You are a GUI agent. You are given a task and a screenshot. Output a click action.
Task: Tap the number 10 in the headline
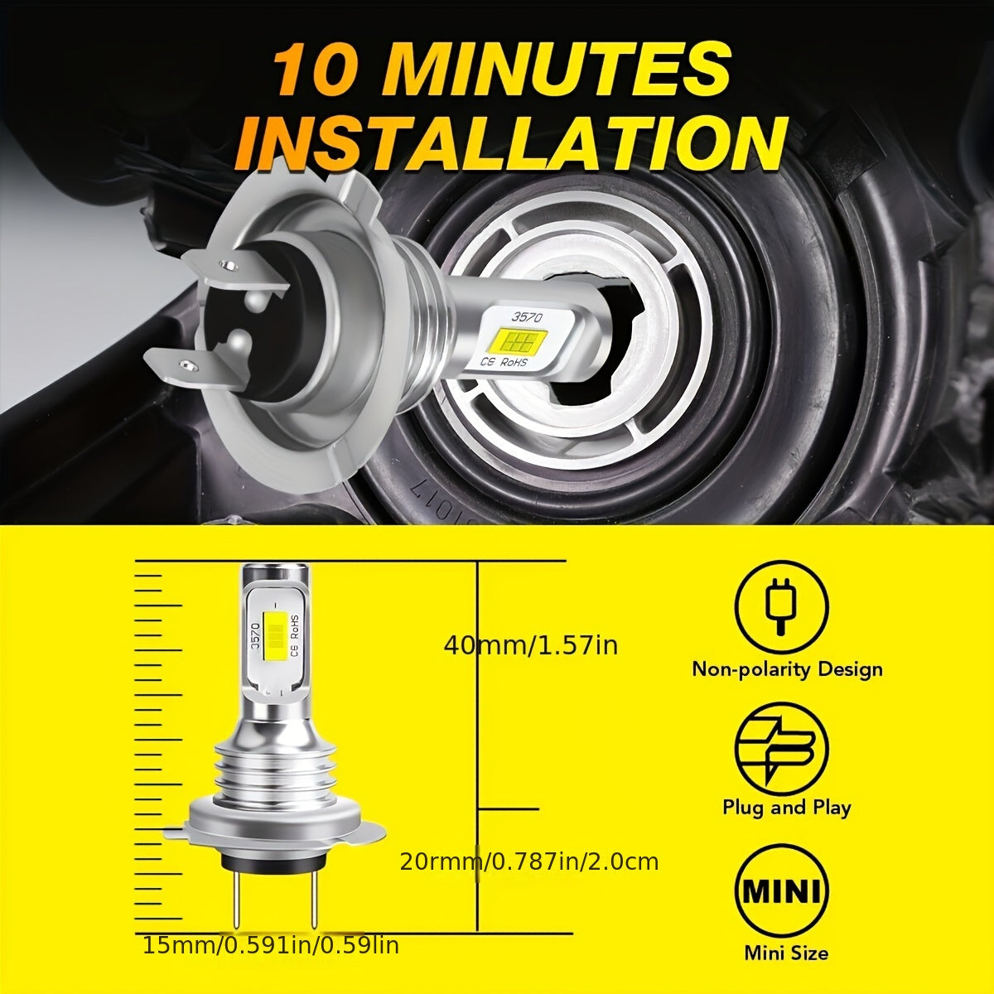click(x=319, y=70)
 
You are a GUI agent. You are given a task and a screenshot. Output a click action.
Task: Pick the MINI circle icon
click(x=781, y=891)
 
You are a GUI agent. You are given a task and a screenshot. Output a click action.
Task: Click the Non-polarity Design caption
click(x=787, y=668)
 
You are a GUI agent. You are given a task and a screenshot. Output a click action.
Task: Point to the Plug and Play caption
click(x=786, y=807)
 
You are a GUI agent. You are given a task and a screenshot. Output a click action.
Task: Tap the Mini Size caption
click(x=785, y=953)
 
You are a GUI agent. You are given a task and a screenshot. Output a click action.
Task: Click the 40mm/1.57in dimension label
click(x=530, y=644)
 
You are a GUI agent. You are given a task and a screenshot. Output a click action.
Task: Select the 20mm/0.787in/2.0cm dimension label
click(x=529, y=861)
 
